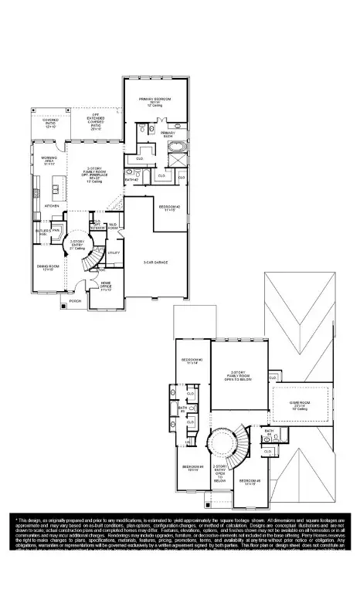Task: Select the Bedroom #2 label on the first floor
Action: [x=169, y=208]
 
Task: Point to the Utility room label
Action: [x=113, y=252]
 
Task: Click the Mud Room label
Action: [x=113, y=227]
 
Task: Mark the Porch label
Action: [x=75, y=300]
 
